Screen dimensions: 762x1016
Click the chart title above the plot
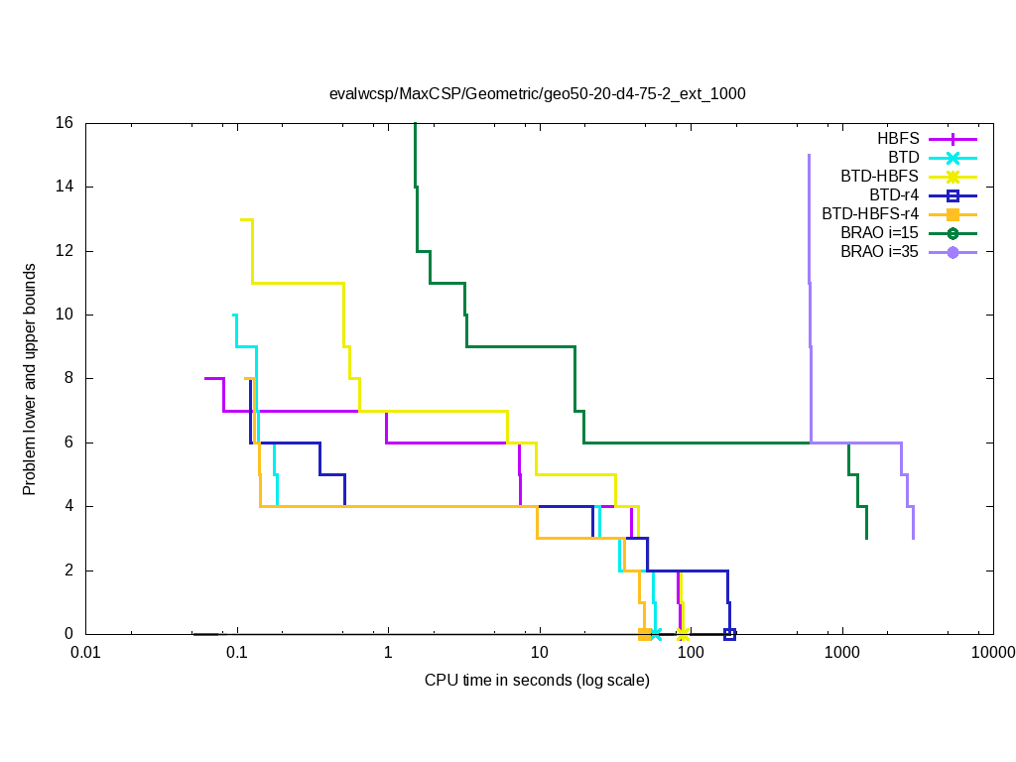click(x=537, y=94)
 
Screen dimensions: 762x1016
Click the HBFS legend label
click(x=898, y=139)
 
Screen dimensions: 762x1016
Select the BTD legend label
click(x=904, y=158)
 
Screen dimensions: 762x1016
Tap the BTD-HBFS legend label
click(x=879, y=177)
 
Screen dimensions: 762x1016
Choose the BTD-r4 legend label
click(x=893, y=195)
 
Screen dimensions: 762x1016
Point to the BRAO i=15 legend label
click(x=879, y=233)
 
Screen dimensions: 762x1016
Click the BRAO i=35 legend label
click(x=879, y=252)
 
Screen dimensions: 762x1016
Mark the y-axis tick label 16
click(x=65, y=123)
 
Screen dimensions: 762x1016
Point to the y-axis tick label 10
click(x=65, y=315)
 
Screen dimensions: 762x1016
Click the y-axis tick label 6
click(x=69, y=443)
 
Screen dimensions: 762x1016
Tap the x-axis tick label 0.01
click(x=85, y=653)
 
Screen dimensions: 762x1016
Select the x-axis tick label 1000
click(x=842, y=653)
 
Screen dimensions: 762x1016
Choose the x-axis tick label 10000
click(x=993, y=653)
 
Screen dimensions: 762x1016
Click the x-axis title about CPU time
click(x=537, y=681)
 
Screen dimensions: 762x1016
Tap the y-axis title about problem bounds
click(x=31, y=379)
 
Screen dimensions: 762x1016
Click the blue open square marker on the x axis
click(x=729, y=634)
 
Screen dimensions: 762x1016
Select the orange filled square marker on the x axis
click(x=644, y=634)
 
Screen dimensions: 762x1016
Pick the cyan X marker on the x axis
click(x=656, y=634)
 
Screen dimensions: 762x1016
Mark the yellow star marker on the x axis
click(x=683, y=634)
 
